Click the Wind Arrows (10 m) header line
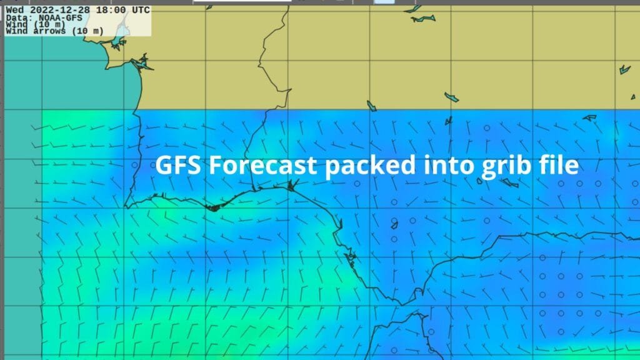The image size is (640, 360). (x=45, y=31)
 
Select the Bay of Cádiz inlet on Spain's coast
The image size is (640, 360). (x=351, y=257)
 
